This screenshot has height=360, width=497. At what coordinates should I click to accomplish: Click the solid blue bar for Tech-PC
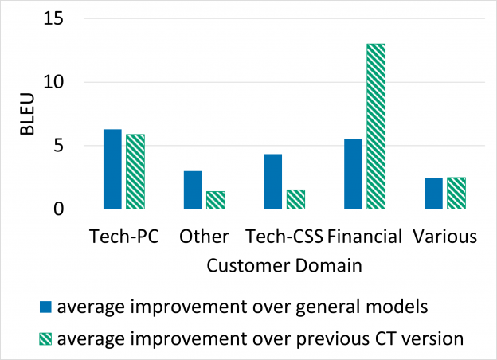[x=112, y=170]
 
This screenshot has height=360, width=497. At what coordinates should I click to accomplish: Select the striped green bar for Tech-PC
[x=135, y=172]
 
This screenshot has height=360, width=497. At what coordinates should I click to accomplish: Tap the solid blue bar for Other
[x=193, y=190]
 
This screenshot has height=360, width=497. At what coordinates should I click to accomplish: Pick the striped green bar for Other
[x=216, y=201]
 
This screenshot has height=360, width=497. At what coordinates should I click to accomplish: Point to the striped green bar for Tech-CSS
[x=295, y=200]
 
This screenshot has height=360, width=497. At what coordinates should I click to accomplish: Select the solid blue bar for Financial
[x=353, y=174]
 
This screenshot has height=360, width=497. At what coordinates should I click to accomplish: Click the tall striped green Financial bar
[x=376, y=127]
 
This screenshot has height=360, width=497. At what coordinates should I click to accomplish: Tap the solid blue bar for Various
[x=432, y=194]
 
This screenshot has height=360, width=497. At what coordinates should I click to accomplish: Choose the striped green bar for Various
[x=456, y=194]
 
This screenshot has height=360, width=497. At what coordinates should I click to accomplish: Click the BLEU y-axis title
[x=26, y=114]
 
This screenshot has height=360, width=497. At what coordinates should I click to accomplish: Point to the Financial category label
[x=365, y=237]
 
